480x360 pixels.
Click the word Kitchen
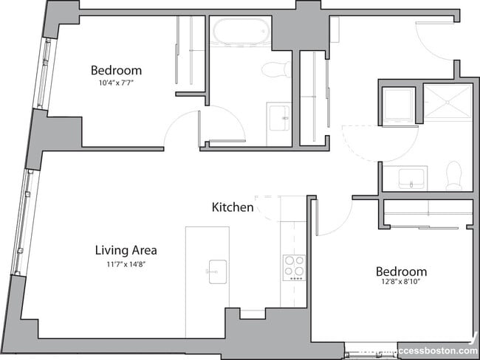[233, 207]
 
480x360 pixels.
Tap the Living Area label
[126, 250]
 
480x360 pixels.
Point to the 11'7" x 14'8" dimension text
[126, 263]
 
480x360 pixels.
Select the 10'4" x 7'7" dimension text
[116, 83]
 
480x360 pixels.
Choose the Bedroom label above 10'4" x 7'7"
[116, 71]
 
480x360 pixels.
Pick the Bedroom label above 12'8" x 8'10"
[401, 271]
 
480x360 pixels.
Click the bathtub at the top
[240, 32]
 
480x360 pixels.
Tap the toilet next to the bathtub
[278, 69]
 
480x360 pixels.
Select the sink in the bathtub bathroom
[279, 117]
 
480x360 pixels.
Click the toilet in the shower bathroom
[453, 176]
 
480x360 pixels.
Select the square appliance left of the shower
[398, 104]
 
